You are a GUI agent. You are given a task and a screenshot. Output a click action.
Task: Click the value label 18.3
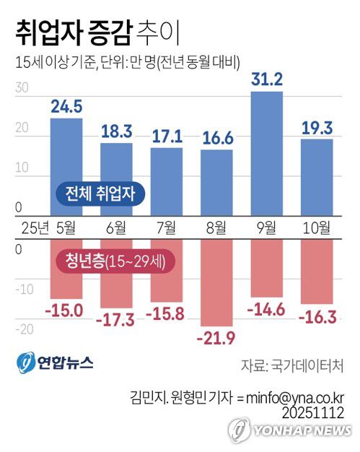116,132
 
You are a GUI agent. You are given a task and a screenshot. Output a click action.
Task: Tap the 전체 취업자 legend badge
100,193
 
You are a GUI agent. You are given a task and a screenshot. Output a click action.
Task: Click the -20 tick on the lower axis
25,329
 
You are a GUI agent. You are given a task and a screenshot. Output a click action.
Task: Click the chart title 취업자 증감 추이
94,32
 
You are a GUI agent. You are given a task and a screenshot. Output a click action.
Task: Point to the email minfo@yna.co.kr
297,396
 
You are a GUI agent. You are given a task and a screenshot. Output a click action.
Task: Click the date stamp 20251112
315,412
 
